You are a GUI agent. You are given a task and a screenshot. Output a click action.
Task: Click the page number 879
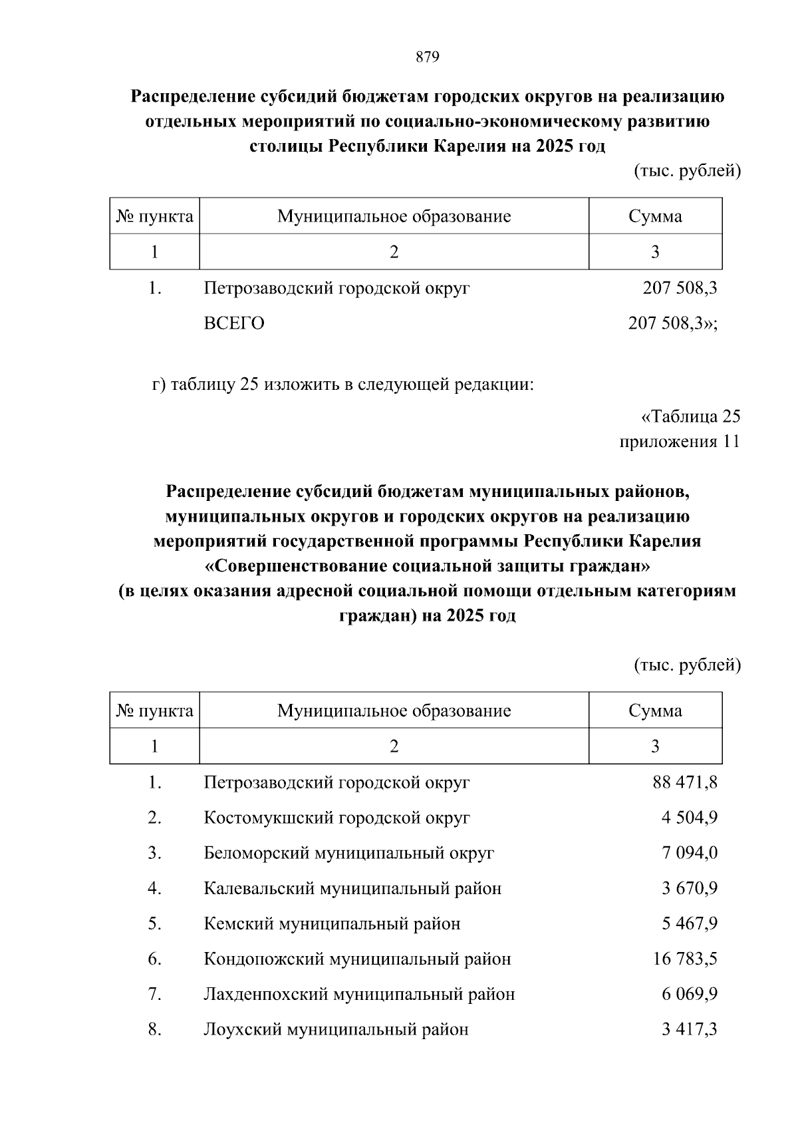pos(428,57)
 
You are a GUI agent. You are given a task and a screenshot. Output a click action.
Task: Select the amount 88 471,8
pos(685,782)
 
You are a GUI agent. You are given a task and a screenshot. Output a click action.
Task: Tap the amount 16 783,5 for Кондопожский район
pos(685,959)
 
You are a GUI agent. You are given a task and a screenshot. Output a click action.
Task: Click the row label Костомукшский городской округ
pos(336,817)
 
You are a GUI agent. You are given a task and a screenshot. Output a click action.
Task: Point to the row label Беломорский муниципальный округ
pos(348,852)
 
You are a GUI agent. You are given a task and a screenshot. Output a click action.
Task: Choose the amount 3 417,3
pos(689,1029)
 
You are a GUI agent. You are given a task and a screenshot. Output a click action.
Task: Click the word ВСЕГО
pos(234,323)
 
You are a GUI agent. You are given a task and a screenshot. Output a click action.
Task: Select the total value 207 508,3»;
pos(672,323)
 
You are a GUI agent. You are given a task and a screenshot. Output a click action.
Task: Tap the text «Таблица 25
pos(690,416)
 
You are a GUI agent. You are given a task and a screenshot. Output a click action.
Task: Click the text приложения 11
pos(679,442)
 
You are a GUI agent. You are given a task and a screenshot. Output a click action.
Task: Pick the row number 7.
pos(154,994)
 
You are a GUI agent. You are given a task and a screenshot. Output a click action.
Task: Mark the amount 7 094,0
pos(689,852)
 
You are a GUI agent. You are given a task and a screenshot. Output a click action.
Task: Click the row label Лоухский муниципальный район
pos(336,1029)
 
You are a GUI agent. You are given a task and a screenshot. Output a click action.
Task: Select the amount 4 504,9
pos(689,817)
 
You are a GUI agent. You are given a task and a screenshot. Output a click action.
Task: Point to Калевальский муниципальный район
pos(352,888)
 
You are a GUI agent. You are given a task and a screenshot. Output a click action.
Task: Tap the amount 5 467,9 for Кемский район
pos(689,923)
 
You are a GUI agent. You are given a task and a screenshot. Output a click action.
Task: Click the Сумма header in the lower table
pos(655,711)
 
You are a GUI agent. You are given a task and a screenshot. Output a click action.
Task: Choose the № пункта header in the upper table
pos(154,216)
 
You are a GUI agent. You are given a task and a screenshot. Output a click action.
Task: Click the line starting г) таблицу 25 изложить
pos(343,385)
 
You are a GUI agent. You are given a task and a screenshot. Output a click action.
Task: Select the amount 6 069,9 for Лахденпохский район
pos(689,994)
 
